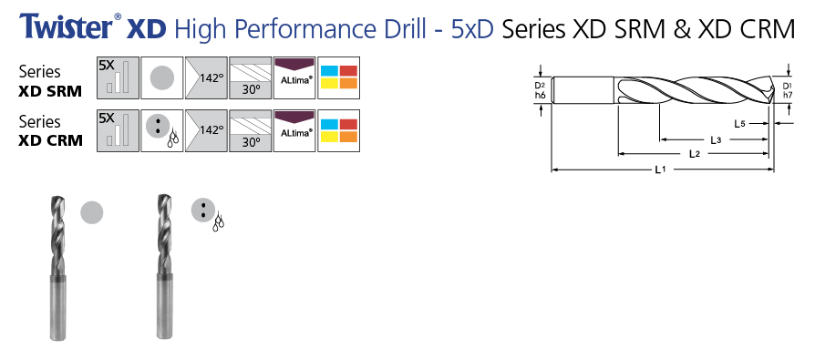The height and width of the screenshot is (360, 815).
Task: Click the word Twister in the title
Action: click(x=66, y=26)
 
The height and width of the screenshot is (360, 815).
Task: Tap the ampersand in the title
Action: click(x=683, y=28)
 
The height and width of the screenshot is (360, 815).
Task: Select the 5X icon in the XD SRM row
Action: click(x=118, y=77)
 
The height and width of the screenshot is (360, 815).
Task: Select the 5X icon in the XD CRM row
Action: click(x=118, y=130)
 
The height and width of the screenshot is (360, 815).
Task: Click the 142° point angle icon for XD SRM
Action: click(x=206, y=77)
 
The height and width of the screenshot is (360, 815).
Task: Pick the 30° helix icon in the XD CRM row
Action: click(x=251, y=130)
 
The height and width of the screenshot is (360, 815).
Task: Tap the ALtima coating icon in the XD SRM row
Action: click(x=294, y=77)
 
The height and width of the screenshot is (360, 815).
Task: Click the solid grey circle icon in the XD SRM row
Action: click(x=162, y=77)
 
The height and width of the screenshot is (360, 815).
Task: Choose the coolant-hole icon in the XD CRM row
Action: click(x=162, y=130)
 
